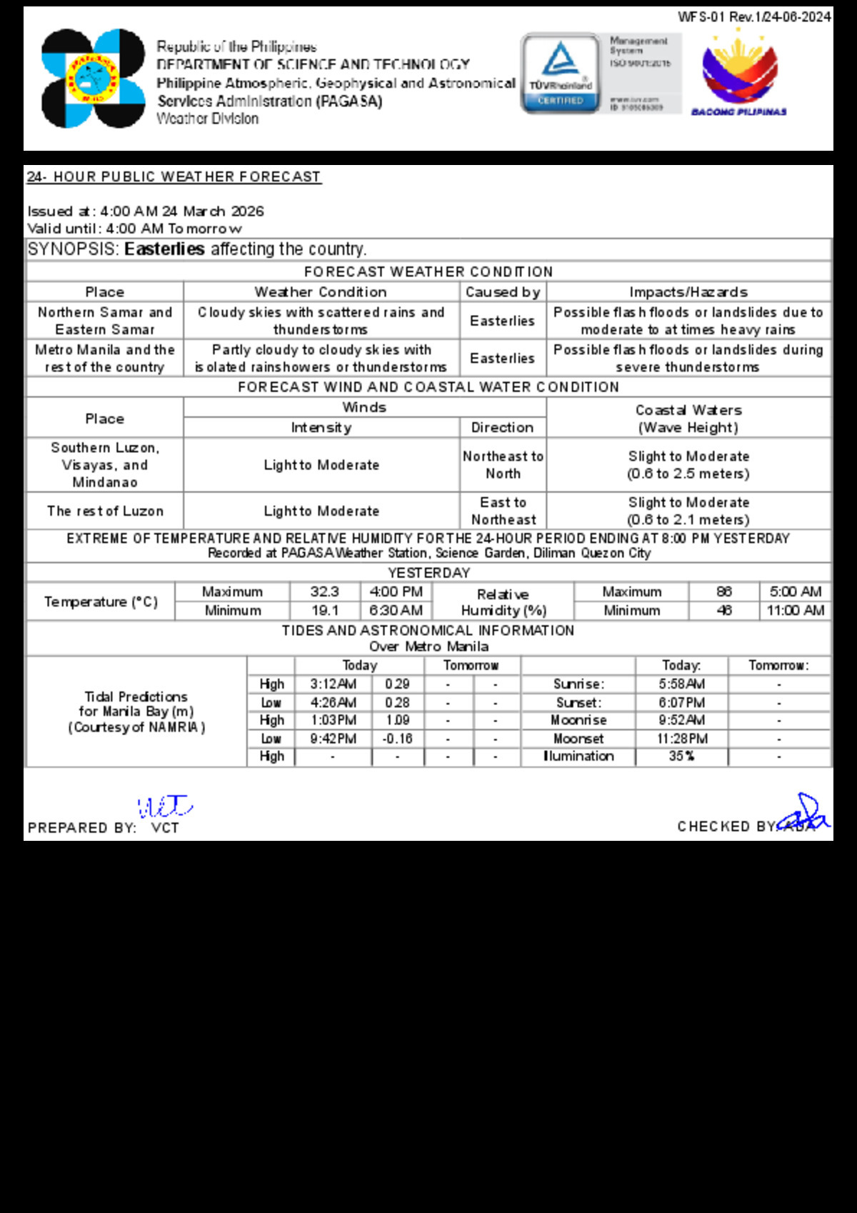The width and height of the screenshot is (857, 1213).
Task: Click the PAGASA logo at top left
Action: [x=93, y=79]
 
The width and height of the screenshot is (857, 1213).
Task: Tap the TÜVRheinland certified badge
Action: [x=561, y=74]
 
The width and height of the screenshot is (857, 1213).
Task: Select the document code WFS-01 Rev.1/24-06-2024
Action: [x=754, y=17]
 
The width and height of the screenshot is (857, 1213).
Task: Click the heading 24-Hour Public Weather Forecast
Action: [x=174, y=177]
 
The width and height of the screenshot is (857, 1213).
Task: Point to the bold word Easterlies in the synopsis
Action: [x=164, y=249]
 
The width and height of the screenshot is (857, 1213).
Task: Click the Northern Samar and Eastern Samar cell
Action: [x=105, y=321]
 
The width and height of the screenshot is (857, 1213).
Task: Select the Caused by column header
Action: [x=503, y=292]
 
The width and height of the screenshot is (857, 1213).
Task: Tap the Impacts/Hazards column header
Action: [x=688, y=292]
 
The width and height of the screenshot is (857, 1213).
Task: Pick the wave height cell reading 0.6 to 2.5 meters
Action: [x=688, y=465]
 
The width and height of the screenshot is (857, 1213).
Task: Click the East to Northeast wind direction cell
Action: [x=503, y=511]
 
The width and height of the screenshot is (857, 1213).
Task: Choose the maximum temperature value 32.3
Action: [x=325, y=592]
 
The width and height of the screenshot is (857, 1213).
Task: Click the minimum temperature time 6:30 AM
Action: [x=396, y=611]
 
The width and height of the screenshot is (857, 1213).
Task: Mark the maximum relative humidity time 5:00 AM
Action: [x=796, y=592]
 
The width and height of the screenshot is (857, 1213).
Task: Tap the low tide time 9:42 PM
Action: [x=333, y=739]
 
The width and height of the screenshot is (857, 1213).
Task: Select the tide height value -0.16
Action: [x=397, y=739]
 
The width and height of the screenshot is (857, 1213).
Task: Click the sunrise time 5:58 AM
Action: [x=681, y=684]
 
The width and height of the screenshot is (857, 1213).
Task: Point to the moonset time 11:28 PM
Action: [x=681, y=739]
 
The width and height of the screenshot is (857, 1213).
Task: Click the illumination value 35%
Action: [x=681, y=757]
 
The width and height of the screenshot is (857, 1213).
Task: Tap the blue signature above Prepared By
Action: [x=164, y=807]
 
